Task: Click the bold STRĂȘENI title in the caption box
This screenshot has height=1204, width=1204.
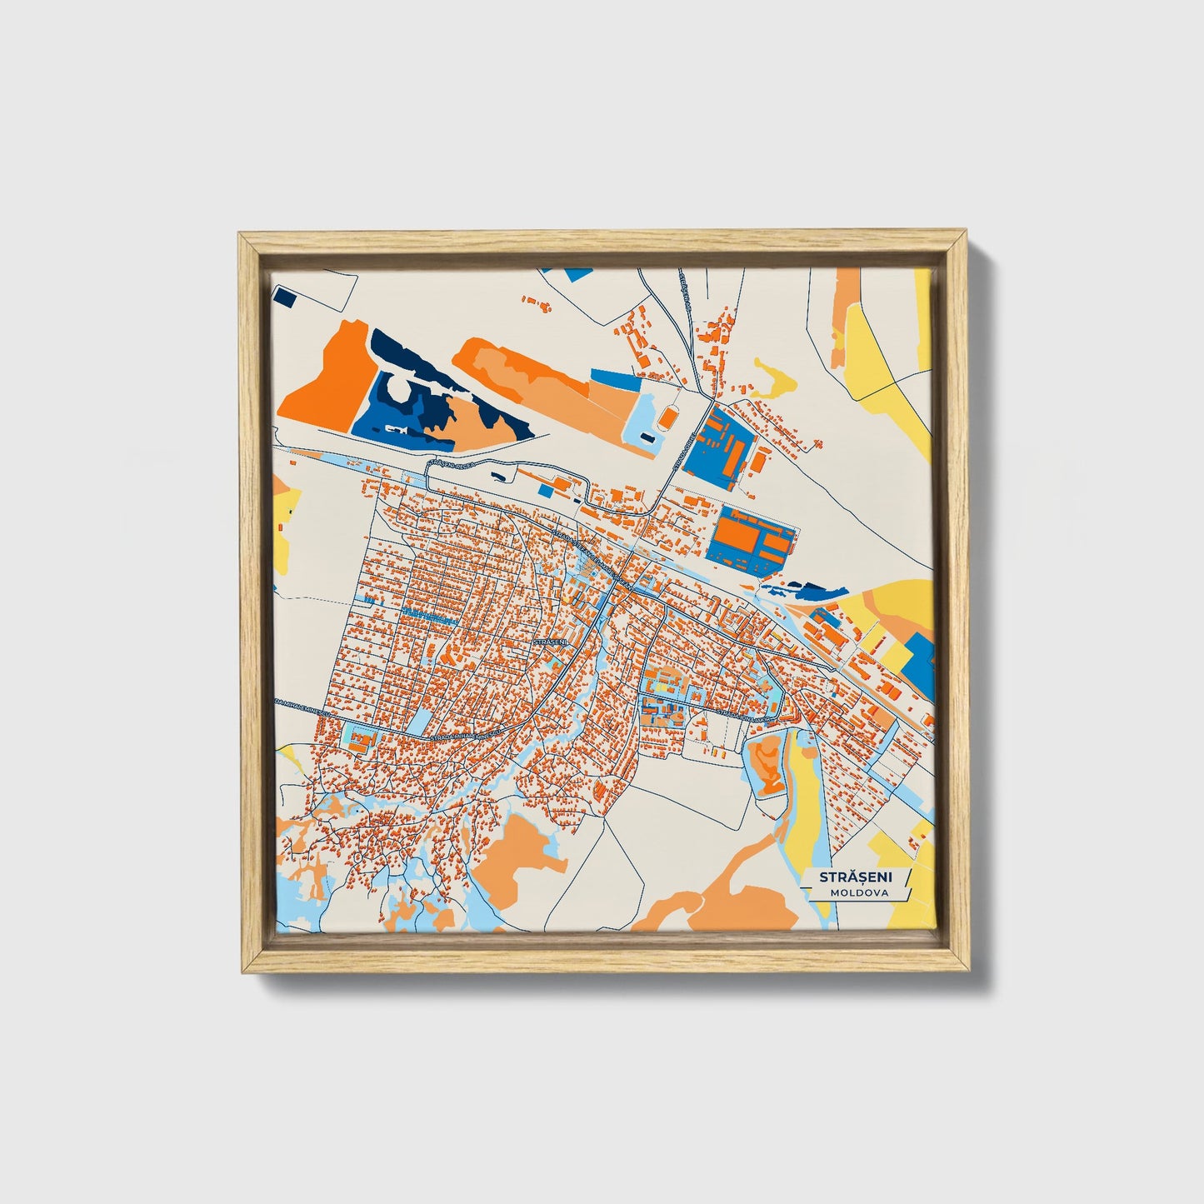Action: pos(855,877)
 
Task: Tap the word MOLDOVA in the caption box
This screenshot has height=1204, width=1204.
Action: pos(858,892)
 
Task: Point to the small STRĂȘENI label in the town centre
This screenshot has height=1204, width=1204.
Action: pos(549,642)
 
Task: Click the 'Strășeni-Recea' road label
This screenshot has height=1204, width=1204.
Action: pos(450,463)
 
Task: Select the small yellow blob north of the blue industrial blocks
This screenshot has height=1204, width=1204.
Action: pos(773,378)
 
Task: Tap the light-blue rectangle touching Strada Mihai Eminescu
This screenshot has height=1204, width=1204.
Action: pos(420,722)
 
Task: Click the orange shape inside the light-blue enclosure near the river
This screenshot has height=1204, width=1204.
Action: pos(766,766)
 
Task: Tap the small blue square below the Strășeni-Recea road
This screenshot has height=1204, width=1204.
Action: pos(545,491)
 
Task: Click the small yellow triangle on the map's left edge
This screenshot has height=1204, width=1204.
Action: pos(291,758)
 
